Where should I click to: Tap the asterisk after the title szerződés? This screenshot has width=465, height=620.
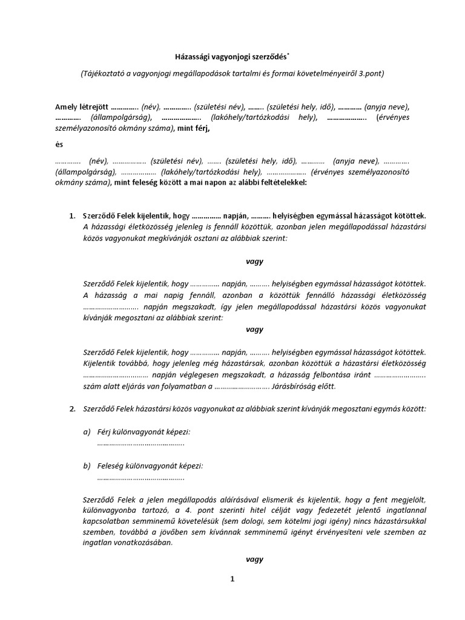(x=288, y=54)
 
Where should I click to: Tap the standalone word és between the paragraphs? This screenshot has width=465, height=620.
(x=59, y=145)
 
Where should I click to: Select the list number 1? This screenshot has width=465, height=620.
(x=72, y=216)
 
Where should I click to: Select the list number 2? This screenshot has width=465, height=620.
(x=72, y=409)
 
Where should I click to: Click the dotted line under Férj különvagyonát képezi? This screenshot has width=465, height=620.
(x=140, y=444)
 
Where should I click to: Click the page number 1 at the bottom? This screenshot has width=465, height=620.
(x=232, y=579)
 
